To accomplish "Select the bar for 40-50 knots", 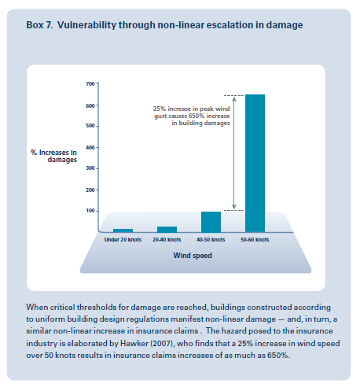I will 211,222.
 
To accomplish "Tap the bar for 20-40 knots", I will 167,229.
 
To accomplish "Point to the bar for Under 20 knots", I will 123,231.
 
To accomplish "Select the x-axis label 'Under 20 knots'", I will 123,239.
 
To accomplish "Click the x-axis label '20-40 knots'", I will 167,239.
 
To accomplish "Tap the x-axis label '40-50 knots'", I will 211,239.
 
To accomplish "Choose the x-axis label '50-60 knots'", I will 255,239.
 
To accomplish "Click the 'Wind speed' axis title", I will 189,256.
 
